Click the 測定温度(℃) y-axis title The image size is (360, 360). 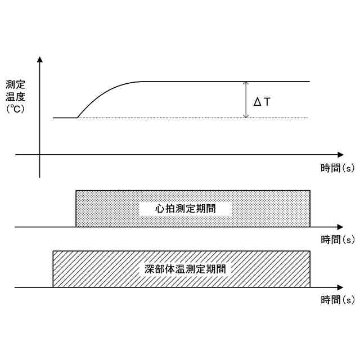click(x=15, y=97)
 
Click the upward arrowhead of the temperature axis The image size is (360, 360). click(x=40, y=59)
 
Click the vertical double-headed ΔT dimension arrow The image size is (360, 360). click(x=246, y=100)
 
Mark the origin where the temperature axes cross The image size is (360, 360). click(x=40, y=154)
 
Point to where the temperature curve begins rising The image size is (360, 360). click(x=76, y=118)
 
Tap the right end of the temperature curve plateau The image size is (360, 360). click(x=310, y=82)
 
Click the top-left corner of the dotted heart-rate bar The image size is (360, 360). click(x=76, y=191)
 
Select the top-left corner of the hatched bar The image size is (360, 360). click(x=53, y=251)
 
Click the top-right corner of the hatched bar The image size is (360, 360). click(x=310, y=251)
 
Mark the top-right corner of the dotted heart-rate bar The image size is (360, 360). click(x=310, y=191)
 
